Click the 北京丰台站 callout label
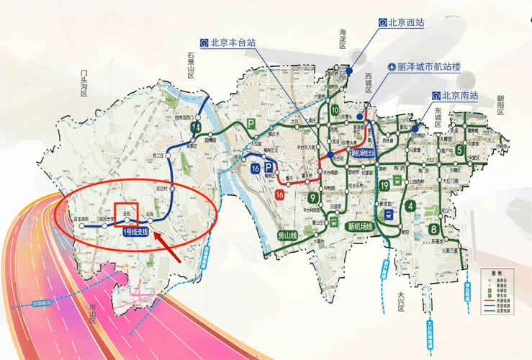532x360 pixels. [229, 42]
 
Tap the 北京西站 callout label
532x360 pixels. [402, 23]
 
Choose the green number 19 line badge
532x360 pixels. [385, 186]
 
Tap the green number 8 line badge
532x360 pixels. [434, 230]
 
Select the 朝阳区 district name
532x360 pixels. [501, 104]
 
